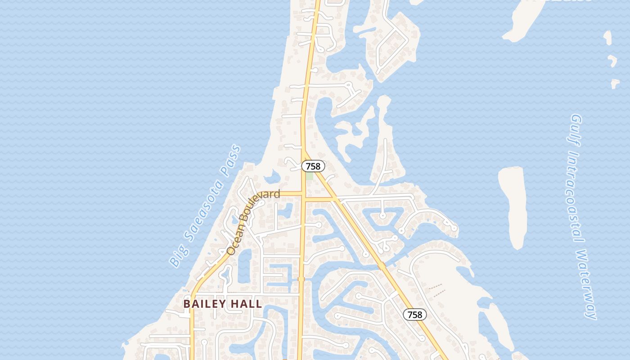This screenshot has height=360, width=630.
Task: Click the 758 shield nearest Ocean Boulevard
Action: tap(313, 166)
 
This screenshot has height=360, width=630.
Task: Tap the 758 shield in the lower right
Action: tap(414, 315)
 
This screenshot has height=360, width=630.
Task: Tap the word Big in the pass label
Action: tap(177, 257)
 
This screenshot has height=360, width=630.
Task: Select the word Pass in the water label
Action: tap(231, 160)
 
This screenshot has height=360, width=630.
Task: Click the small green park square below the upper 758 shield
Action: tap(309, 176)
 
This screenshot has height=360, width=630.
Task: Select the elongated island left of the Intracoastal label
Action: tap(513, 205)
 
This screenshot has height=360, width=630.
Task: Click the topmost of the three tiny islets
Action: tap(608, 38)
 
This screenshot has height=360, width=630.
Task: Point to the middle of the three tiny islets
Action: tap(612, 60)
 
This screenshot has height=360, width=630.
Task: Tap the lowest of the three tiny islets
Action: tap(615, 84)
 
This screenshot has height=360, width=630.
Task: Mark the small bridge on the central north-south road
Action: tap(301, 279)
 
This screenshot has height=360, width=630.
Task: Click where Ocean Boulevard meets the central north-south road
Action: tap(303, 194)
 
